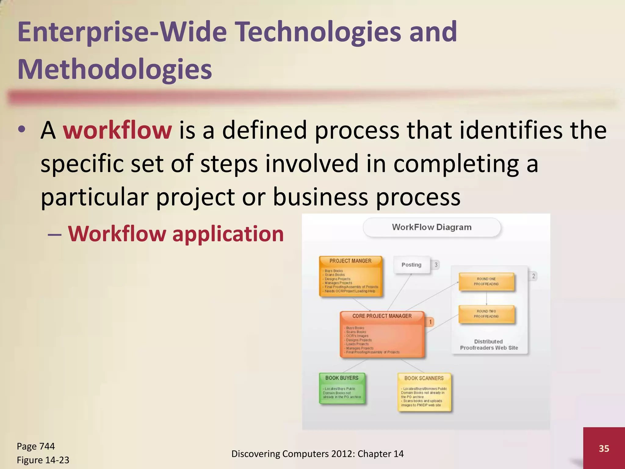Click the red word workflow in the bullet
point(117,131)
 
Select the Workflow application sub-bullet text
point(176,234)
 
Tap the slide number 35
point(604,448)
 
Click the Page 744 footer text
point(36,446)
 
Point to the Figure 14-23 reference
point(43,460)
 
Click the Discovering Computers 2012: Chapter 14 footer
point(317,454)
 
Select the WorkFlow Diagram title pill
point(432,227)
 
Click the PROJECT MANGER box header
point(350,261)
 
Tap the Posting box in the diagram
point(411,265)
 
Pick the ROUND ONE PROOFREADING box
point(486,282)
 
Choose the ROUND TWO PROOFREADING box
point(486,314)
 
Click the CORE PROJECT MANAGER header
point(382,316)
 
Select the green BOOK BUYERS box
point(342,388)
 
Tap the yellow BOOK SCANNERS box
point(424,392)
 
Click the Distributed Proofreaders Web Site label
point(489,345)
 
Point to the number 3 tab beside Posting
point(436,265)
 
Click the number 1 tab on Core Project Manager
point(430,322)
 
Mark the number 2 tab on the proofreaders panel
point(533,276)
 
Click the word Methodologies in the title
point(115,69)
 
